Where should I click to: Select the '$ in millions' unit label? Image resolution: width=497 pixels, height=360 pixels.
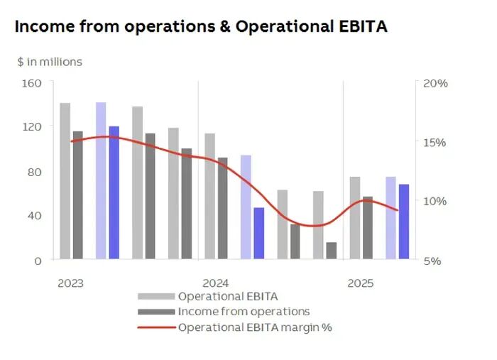pyautogui.click(x=50, y=62)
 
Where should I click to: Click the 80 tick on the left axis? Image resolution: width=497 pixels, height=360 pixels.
pyautogui.click(x=36, y=172)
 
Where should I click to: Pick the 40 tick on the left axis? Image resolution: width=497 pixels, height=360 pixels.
pyautogui.click(x=36, y=216)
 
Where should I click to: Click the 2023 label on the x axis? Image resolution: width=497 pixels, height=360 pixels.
pyautogui.click(x=70, y=283)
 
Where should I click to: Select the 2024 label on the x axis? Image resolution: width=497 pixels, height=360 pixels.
pyautogui.click(x=216, y=283)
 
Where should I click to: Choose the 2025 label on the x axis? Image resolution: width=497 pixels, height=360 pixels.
pyautogui.click(x=361, y=283)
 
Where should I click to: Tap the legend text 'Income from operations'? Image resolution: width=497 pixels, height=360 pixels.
pyautogui.click(x=244, y=312)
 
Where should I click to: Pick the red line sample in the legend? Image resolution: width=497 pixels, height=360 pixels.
pyautogui.click(x=155, y=327)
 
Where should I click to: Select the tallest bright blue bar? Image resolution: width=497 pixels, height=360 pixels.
pyautogui.click(x=114, y=192)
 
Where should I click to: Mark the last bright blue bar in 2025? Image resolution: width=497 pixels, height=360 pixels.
pyautogui.click(x=403, y=222)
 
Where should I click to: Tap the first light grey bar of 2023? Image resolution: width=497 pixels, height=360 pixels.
pyautogui.click(x=65, y=181)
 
